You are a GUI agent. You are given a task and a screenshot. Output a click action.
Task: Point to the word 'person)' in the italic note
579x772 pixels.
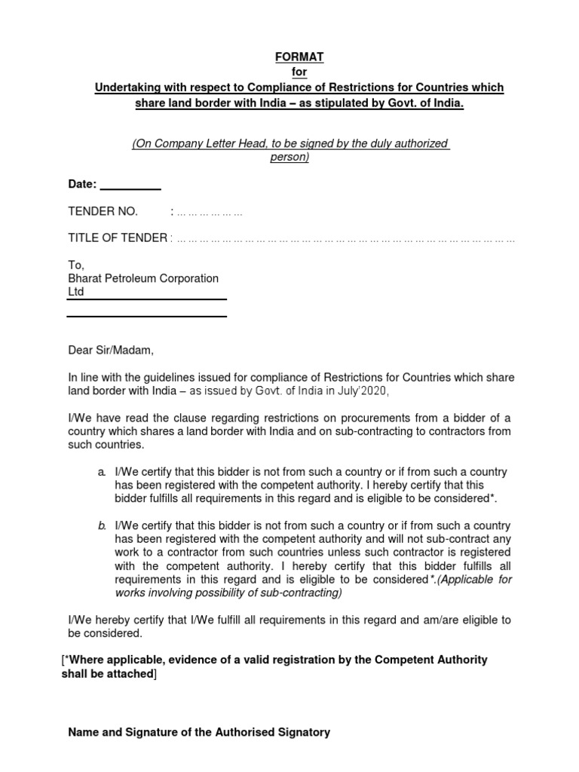coord(290,158)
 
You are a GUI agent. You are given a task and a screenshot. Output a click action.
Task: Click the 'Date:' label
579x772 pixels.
coord(82,185)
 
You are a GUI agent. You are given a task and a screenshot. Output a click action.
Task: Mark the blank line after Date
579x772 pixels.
coord(130,186)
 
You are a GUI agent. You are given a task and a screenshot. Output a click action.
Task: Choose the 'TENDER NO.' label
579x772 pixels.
coord(103,212)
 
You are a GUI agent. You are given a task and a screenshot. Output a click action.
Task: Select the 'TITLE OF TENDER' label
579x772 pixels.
coord(118,238)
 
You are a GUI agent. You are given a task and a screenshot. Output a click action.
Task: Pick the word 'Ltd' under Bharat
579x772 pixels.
coord(77,291)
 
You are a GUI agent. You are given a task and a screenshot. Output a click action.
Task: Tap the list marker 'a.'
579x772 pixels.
coord(101,472)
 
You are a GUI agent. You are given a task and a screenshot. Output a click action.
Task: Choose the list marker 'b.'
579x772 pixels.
coord(101,525)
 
